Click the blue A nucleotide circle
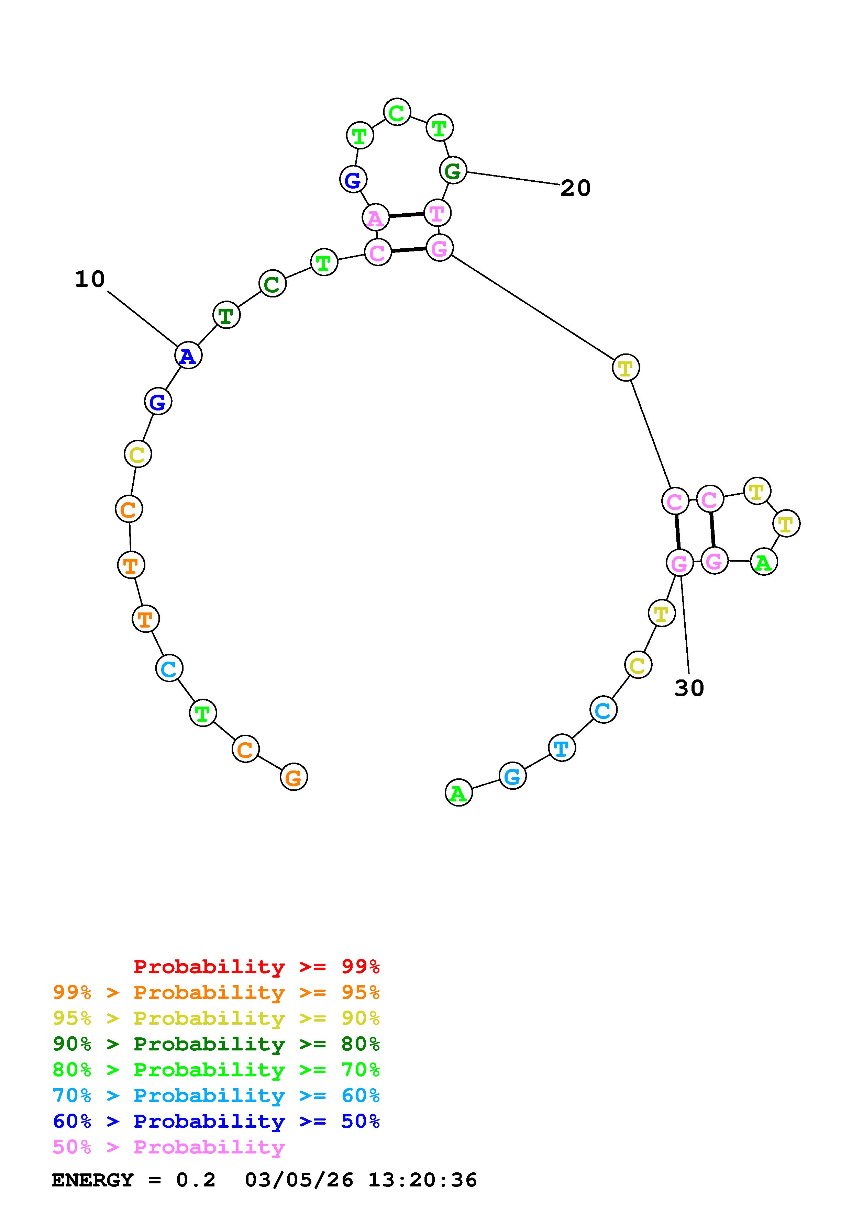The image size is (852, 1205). pyautogui.click(x=188, y=356)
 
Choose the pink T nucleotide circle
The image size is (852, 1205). pyautogui.click(x=437, y=213)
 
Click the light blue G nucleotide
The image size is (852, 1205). pyautogui.click(x=512, y=776)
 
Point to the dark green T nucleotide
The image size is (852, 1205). pyautogui.click(x=226, y=315)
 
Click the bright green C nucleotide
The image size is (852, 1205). pyautogui.click(x=397, y=112)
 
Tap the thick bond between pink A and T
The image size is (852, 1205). pyautogui.click(x=406, y=215)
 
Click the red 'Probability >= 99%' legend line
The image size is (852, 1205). pyautogui.click(x=257, y=966)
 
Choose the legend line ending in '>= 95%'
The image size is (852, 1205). pyautogui.click(x=216, y=992)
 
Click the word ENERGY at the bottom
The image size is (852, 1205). pyautogui.click(x=92, y=1180)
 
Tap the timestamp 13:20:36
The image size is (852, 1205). pyautogui.click(x=423, y=1180)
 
